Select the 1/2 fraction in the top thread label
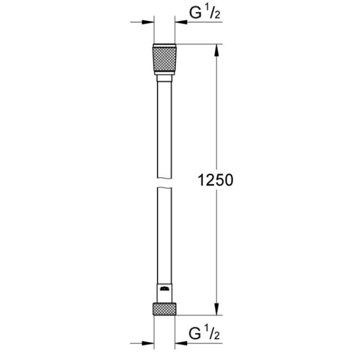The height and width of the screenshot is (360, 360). click(214, 13)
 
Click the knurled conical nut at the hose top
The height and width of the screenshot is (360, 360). click(165, 59)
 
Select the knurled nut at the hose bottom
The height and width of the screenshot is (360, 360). click(165, 308)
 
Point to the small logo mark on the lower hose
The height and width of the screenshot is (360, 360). click(165, 288)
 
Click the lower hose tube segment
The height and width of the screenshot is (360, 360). click(165, 234)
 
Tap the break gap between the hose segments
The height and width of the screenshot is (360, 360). click(165, 181)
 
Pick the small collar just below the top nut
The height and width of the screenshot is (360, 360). click(165, 78)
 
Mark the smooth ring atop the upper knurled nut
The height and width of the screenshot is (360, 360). click(165, 45)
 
